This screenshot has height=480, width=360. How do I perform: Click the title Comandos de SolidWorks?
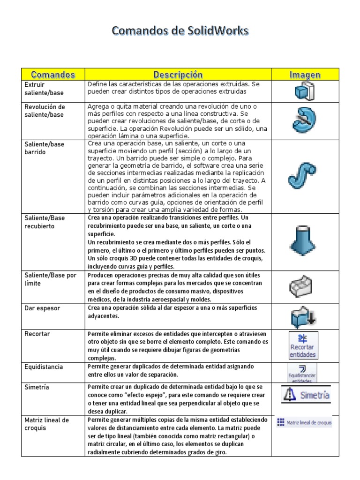pyautogui.click(x=180, y=31)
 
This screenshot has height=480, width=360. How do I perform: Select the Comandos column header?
pyautogui.click(x=53, y=75)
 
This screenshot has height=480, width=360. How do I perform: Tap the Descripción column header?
pyautogui.click(x=178, y=75)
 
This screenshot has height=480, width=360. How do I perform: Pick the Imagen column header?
pyautogui.click(x=305, y=75)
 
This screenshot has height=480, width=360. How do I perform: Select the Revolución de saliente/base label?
pyautogui.click(x=45, y=111)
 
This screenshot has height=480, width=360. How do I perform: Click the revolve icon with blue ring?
pyautogui.click(x=304, y=120)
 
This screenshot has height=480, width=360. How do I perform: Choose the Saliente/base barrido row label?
pyautogui.click(x=45, y=148)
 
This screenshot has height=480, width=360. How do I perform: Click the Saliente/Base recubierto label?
pyautogui.click(x=45, y=222)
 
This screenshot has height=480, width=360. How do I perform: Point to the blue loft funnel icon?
pyautogui.click(x=304, y=241)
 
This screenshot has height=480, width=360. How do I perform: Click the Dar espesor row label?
pyautogui.click(x=42, y=308)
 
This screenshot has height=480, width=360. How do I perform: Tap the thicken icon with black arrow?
pyautogui.click(x=304, y=316)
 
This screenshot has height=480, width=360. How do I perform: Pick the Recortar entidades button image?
pyautogui.click(x=303, y=345)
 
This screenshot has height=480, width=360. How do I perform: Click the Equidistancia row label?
pyautogui.click(x=44, y=367)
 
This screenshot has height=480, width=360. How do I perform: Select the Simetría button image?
pyautogui.click(x=306, y=394)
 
